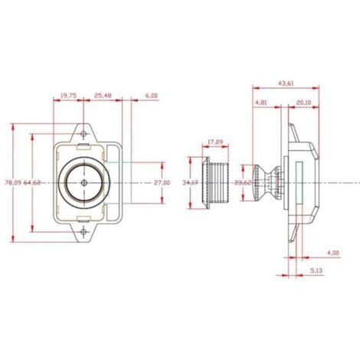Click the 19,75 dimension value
click(x=68, y=96)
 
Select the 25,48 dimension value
click(x=103, y=96)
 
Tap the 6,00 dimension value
click(x=152, y=96)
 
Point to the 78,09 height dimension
click(x=13, y=182)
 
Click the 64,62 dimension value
click(x=32, y=182)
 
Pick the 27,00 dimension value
click(x=162, y=182)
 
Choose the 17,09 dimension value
click(x=214, y=142)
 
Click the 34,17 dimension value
click(x=191, y=182)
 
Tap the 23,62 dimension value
click(x=243, y=182)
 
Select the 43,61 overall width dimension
click(x=286, y=83)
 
